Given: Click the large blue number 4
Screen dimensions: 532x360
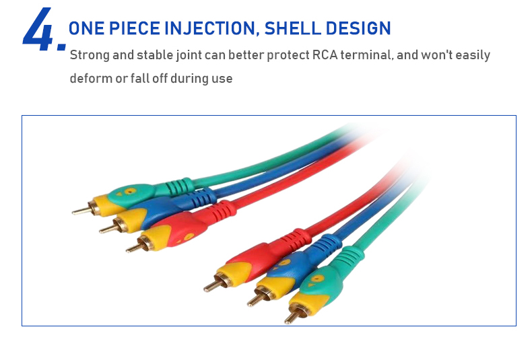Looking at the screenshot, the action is pyautogui.click(x=37, y=30).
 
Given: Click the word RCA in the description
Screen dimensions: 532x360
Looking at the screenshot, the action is pyautogui.click(x=325, y=55).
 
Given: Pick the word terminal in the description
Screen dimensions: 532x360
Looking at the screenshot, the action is pyautogui.click(x=367, y=55).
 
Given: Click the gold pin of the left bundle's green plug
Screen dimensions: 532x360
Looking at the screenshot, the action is pyautogui.click(x=81, y=211).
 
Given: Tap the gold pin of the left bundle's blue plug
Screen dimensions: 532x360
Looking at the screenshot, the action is pyautogui.click(x=108, y=229).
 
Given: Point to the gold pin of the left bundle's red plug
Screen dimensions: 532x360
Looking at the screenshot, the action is pyautogui.click(x=135, y=248).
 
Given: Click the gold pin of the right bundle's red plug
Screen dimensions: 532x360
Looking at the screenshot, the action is pyautogui.click(x=213, y=285).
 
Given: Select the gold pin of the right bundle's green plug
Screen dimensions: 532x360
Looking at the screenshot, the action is pyautogui.click(x=292, y=316).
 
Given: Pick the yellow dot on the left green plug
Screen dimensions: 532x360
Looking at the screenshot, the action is pyautogui.click(x=130, y=191).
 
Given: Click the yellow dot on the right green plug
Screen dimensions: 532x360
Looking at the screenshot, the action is pyautogui.click(x=317, y=279).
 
